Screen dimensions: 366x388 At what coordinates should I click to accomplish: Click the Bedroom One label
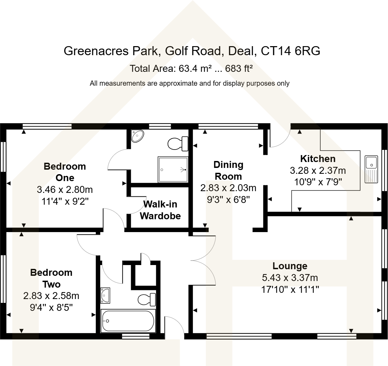(x=65, y=172)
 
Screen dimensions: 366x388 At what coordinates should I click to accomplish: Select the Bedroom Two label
(x=51, y=278)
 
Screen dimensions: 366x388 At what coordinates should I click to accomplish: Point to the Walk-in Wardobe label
(x=160, y=210)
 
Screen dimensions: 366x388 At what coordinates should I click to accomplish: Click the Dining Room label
(x=228, y=170)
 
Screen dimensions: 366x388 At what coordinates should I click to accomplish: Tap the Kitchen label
(x=318, y=159)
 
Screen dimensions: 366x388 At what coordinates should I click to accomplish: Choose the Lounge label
(x=290, y=266)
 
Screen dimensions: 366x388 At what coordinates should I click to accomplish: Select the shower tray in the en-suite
(x=173, y=170)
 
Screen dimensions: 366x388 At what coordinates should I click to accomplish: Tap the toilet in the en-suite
(x=178, y=143)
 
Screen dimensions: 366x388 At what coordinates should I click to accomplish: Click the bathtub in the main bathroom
(x=128, y=321)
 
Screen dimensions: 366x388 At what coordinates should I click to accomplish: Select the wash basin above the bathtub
(x=105, y=295)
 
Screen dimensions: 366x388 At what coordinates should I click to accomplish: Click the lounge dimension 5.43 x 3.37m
(x=290, y=278)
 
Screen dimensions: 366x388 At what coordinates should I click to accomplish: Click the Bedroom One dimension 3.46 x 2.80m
(x=65, y=190)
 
